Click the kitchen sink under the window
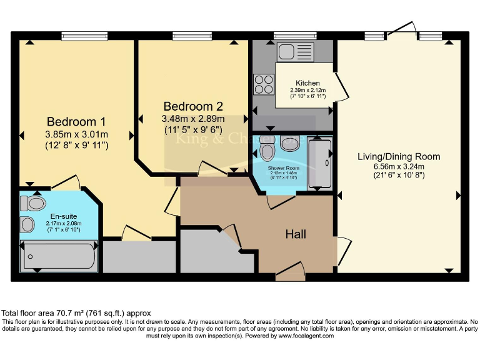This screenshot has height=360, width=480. pyautogui.click(x=290, y=52)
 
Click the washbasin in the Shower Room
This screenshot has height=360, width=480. pyautogui.click(x=289, y=143)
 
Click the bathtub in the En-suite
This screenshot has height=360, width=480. pyautogui.click(x=59, y=255)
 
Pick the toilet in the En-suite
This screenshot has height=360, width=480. pyautogui.click(x=33, y=204)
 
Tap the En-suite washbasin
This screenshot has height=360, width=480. pyautogui.click(x=28, y=224)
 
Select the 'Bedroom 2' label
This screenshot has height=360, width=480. pyautogui.click(x=192, y=106)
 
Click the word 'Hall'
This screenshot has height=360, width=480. pyautogui.click(x=296, y=234)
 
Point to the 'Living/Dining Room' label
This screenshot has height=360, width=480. pyautogui.click(x=399, y=156)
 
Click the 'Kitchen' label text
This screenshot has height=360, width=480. pyautogui.click(x=307, y=82)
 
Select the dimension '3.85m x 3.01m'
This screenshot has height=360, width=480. pyautogui.click(x=76, y=134)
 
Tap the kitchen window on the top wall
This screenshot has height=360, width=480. pyautogui.click(x=294, y=36)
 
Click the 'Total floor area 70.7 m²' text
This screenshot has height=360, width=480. pyautogui.click(x=75, y=312)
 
